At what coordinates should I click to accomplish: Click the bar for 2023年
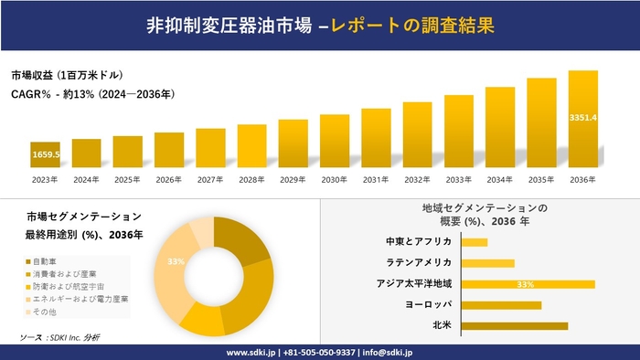click(x=45, y=155)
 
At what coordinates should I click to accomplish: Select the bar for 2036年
click(x=582, y=120)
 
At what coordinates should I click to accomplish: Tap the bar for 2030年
click(x=335, y=142)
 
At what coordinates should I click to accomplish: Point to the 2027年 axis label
click(x=210, y=180)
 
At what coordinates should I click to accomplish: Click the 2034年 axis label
click(x=499, y=180)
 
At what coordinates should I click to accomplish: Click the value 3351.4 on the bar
click(x=582, y=118)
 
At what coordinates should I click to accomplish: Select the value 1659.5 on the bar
click(x=45, y=155)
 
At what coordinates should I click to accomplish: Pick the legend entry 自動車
click(x=47, y=262)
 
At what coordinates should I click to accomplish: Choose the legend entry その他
click(x=47, y=311)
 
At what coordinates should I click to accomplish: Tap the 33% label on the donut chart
click(x=176, y=261)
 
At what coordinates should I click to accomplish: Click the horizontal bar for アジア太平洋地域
click(x=528, y=284)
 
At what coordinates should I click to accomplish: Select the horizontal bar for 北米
click(x=515, y=325)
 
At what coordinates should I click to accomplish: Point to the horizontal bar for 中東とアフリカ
click(x=475, y=242)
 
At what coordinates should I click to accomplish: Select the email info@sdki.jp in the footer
click(x=389, y=352)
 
